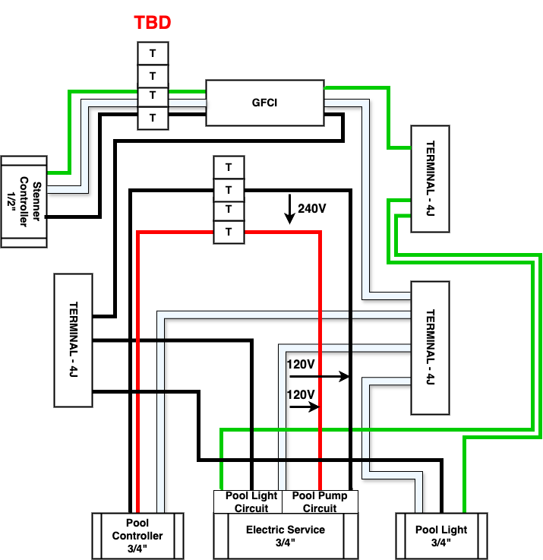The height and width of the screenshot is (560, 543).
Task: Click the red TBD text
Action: [153, 23]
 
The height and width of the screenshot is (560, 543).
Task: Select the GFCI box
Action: [264, 103]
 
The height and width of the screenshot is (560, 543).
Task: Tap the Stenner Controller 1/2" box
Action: [24, 201]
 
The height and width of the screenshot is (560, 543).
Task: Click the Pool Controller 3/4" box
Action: [137, 536]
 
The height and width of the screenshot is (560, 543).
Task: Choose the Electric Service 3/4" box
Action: [285, 536]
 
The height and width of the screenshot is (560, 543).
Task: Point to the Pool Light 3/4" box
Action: [441, 536]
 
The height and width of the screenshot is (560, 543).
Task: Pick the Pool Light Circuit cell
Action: [251, 501]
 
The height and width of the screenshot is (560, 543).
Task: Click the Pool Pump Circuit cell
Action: [320, 501]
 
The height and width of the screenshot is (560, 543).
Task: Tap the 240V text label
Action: [311, 208]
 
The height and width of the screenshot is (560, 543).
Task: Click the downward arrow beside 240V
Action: [289, 209]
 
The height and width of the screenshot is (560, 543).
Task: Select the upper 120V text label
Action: [300, 365]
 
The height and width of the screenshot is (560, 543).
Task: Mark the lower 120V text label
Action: [300, 395]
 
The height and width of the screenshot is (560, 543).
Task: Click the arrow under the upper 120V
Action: [319, 376]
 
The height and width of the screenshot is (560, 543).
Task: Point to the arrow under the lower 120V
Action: [304, 407]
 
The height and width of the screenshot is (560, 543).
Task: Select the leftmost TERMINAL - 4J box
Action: [73, 339]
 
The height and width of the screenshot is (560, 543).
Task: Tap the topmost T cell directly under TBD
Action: [153, 53]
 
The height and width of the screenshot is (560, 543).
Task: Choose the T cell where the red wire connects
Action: [229, 232]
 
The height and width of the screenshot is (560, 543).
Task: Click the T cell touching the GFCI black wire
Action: [153, 118]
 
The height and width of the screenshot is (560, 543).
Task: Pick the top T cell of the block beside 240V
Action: [229, 167]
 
